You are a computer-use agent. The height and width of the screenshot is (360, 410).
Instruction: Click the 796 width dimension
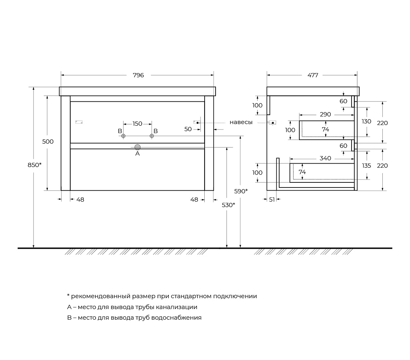tap(138, 75)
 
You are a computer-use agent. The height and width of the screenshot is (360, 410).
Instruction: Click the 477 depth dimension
tap(313, 75)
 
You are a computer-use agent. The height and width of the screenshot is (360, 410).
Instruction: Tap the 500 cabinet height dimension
tap(48, 141)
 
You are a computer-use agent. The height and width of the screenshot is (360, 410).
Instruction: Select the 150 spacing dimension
tap(137, 124)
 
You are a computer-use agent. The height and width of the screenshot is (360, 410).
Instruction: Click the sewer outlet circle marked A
tap(137, 147)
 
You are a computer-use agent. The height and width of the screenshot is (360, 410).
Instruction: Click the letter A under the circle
tap(137, 154)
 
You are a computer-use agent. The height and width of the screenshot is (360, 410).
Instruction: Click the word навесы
tap(241, 122)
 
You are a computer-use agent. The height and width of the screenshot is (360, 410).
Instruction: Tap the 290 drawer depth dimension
tap(325, 114)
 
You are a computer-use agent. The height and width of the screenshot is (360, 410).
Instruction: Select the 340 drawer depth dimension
tap(325, 158)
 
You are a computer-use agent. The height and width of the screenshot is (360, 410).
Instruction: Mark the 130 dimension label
tap(366, 121)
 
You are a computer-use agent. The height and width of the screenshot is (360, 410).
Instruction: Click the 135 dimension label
tap(366, 166)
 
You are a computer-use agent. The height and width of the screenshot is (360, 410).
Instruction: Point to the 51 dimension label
tap(272, 200)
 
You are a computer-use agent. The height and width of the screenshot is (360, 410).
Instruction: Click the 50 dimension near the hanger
tap(188, 129)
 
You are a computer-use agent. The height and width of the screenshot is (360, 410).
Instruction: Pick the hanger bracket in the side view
tap(273, 123)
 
